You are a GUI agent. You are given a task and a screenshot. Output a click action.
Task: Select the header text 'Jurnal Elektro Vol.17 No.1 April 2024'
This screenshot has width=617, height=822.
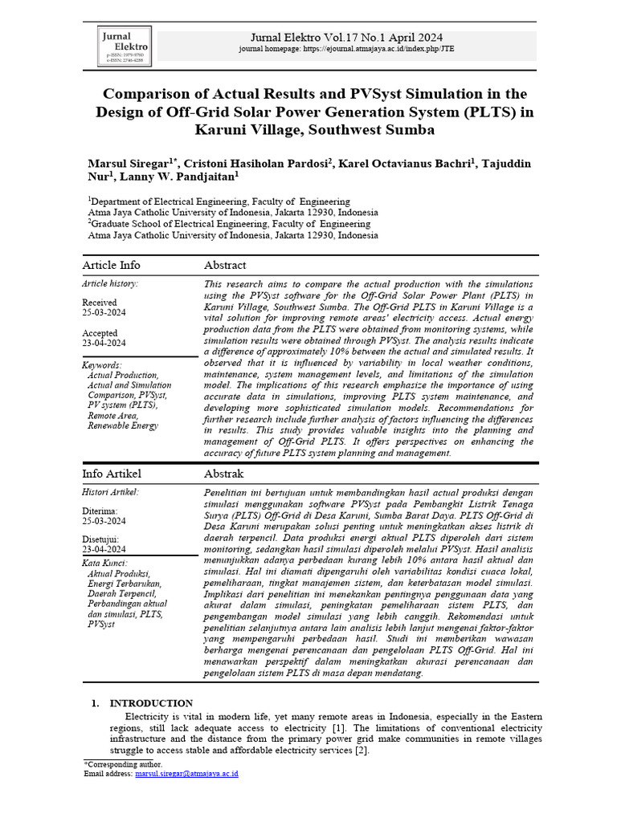point(346,37)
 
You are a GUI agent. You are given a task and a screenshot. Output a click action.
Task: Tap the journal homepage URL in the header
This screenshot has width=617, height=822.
point(346,49)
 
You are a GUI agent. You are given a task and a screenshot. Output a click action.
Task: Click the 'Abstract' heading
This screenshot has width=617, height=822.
point(225,265)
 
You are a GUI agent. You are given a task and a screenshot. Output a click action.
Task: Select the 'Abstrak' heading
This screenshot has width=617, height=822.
point(223,474)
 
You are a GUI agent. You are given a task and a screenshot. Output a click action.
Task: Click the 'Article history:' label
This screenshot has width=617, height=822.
point(110,284)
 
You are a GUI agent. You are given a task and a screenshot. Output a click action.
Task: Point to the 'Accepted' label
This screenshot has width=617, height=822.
point(100,332)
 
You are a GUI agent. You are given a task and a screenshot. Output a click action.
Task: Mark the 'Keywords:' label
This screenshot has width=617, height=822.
point(102,364)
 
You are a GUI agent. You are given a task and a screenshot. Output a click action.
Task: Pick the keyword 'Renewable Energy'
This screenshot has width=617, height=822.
point(123,425)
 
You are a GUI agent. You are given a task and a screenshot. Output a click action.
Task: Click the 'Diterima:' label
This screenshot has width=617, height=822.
point(100,511)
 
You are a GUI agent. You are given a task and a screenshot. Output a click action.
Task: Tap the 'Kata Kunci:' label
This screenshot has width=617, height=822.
point(105,563)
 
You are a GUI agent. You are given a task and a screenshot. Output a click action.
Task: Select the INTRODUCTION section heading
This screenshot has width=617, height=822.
point(151,703)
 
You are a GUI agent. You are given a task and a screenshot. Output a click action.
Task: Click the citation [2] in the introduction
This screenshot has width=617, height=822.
point(362,750)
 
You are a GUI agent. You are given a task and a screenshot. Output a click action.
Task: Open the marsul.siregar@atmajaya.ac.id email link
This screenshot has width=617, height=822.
point(186,774)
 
